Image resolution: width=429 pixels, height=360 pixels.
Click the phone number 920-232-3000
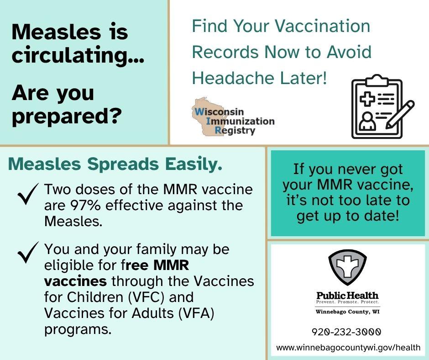click(x=346, y=332)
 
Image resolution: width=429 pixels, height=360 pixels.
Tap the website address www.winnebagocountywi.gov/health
click(x=348, y=348)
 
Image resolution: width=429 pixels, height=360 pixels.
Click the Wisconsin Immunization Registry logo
click(x=233, y=117)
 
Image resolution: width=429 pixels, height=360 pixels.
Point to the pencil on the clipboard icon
click(x=400, y=115)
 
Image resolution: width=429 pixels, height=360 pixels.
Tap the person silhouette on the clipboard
click(x=367, y=122)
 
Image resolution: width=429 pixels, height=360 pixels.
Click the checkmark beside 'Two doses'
click(x=28, y=194)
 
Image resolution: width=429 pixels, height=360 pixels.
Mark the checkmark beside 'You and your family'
click(x=28, y=252)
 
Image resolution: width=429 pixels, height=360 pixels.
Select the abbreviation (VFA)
click(x=196, y=313)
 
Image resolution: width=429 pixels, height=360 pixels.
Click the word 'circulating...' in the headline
click(x=78, y=56)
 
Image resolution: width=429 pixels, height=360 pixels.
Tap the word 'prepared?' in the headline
click(x=67, y=116)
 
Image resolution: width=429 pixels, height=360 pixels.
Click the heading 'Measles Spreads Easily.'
click(x=115, y=164)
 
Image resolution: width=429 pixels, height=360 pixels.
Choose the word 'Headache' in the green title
click(x=233, y=78)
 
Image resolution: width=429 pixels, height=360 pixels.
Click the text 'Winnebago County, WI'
click(x=347, y=312)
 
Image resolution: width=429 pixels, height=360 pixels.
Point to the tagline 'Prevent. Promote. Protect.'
click(x=348, y=302)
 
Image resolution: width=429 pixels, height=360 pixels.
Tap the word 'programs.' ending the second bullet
click(x=78, y=329)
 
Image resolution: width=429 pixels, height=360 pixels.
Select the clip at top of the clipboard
click(x=377, y=80)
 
